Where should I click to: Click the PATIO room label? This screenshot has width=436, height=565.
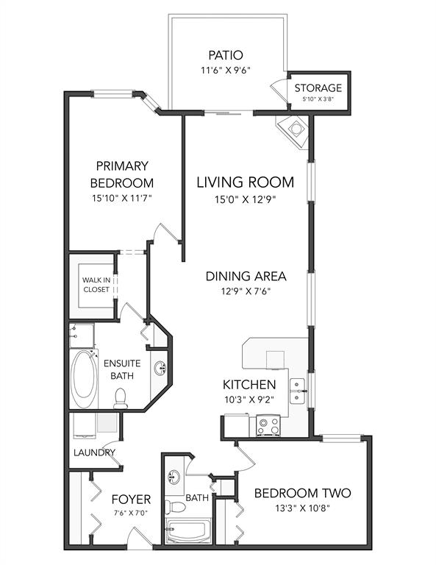226,55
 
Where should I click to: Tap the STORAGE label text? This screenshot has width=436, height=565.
318,88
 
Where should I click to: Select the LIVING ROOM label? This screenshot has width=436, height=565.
245,182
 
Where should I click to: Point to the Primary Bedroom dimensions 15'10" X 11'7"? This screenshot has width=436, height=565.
122,198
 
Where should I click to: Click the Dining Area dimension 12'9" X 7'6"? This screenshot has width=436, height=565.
246,291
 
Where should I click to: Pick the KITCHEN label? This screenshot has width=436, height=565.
249,385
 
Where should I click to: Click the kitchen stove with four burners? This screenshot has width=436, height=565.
268,425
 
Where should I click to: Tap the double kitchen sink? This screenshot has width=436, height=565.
297,391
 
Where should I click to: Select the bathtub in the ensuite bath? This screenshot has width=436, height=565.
84,379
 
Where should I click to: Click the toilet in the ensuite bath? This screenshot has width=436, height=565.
121,398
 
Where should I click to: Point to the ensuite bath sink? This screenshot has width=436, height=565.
160,369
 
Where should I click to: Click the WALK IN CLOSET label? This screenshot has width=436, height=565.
96,285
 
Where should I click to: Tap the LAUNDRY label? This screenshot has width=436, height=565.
94,452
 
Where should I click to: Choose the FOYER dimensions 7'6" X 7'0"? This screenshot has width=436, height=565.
131,513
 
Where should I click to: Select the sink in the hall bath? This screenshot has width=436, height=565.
174,477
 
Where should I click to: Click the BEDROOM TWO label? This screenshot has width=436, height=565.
302,493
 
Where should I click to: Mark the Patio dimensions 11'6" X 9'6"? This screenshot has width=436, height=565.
226,71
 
